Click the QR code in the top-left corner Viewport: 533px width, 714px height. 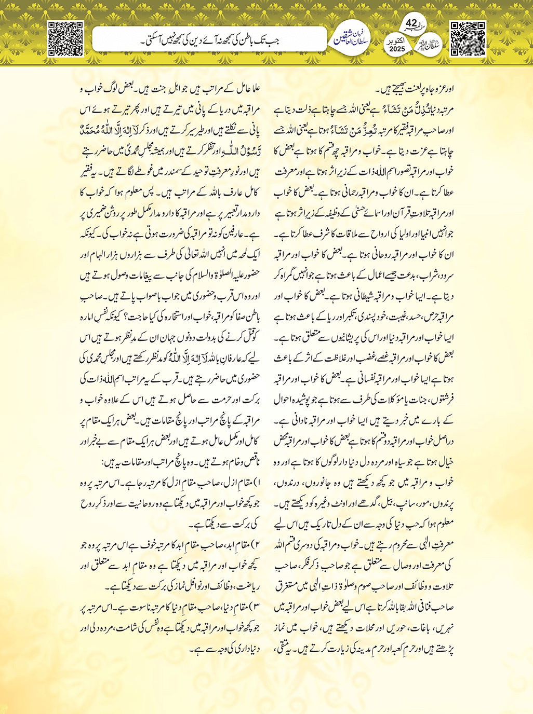65,39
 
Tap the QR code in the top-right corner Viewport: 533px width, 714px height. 467,39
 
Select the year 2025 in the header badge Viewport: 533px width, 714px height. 397,49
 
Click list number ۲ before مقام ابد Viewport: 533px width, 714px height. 257,544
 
